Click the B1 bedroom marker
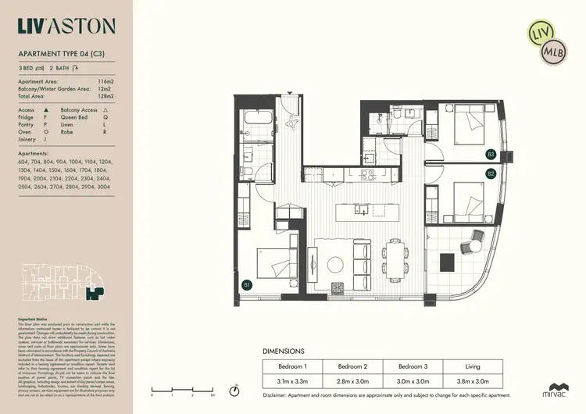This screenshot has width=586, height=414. (247, 284)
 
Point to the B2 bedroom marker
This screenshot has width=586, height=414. (491, 173)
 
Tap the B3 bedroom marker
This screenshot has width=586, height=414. (491, 154)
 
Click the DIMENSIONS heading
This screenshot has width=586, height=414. (288, 352)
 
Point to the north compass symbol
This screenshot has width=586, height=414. (234, 390)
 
